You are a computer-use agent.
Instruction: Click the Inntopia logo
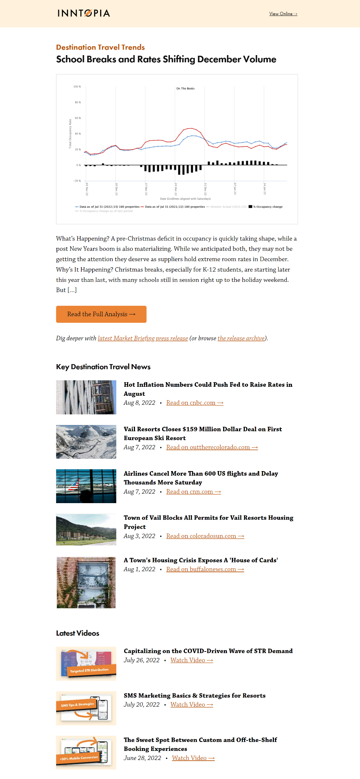point(84,13)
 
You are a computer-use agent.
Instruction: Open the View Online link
point(283,14)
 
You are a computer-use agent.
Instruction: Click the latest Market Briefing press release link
point(143,338)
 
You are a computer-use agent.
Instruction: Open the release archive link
point(241,338)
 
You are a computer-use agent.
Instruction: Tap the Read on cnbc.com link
point(195,403)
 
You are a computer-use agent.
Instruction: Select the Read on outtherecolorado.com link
point(212,447)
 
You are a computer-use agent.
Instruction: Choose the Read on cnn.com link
point(193,492)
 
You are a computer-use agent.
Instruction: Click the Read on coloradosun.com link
point(205,536)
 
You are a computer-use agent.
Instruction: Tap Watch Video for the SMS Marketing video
point(192,704)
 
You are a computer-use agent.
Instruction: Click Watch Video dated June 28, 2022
point(193,758)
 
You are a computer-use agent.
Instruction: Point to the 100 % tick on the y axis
point(77,87)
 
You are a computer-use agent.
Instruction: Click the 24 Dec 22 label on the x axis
point(176,189)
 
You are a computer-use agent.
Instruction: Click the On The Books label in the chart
point(185,89)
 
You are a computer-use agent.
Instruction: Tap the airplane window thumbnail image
point(86,486)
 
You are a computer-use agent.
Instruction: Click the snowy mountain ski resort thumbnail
point(86,442)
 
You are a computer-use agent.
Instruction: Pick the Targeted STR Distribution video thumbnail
point(86,663)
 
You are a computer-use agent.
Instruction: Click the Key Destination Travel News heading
point(103,367)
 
